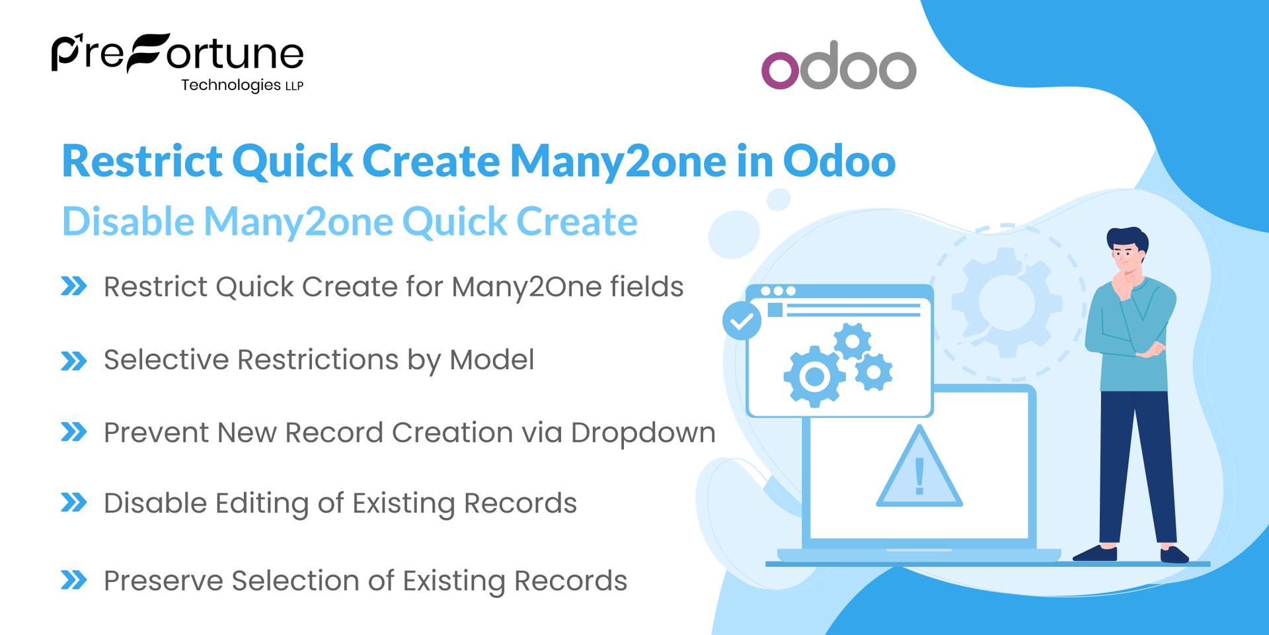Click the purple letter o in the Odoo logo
[780, 69]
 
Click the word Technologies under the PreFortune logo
[231, 85]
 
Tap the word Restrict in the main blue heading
[142, 161]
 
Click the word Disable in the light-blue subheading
[128, 221]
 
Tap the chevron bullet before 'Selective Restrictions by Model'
[73, 360]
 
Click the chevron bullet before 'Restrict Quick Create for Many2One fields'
[73, 286]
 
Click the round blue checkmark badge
[742, 321]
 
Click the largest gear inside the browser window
[814, 376]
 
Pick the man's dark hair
[1128, 237]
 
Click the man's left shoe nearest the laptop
[1096, 553]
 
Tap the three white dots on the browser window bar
[778, 291]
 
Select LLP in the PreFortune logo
[294, 87]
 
